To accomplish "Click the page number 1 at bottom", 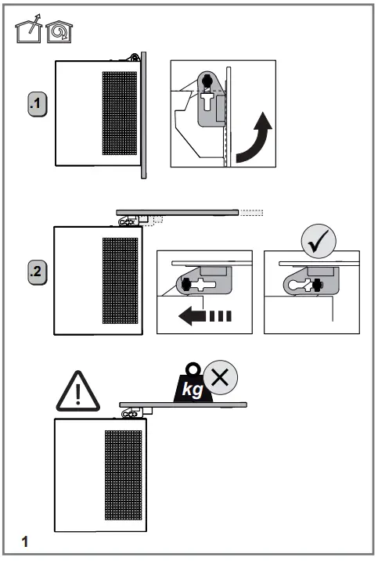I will click(25, 541).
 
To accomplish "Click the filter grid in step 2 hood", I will click(120, 281).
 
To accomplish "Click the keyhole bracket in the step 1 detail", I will click(209, 98).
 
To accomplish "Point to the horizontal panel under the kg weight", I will click(183, 405).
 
